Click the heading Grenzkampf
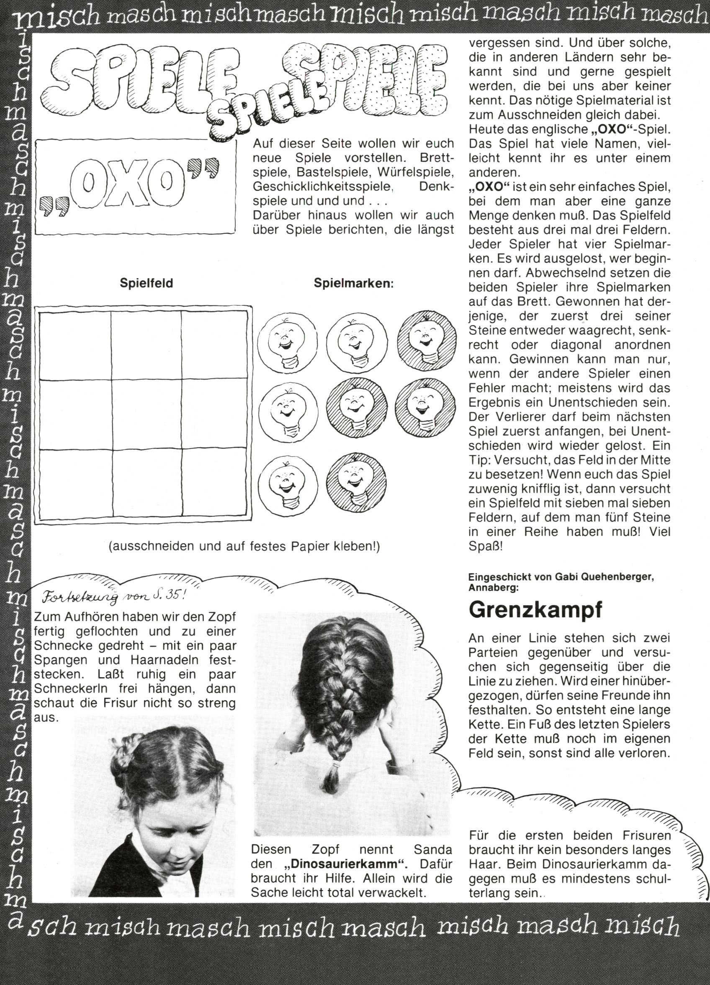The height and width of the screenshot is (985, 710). tap(535, 610)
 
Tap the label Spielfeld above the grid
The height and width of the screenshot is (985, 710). tap(147, 284)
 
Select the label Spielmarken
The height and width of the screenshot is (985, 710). tap(353, 284)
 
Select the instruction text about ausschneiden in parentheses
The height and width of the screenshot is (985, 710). tap(244, 547)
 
